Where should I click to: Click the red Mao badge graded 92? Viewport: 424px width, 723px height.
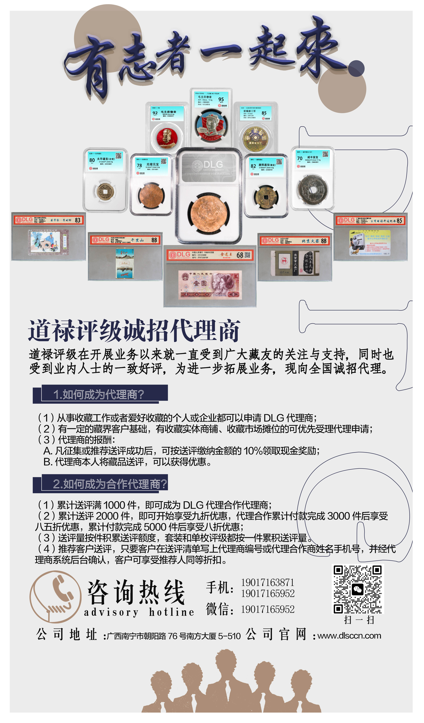click(x=167, y=137)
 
